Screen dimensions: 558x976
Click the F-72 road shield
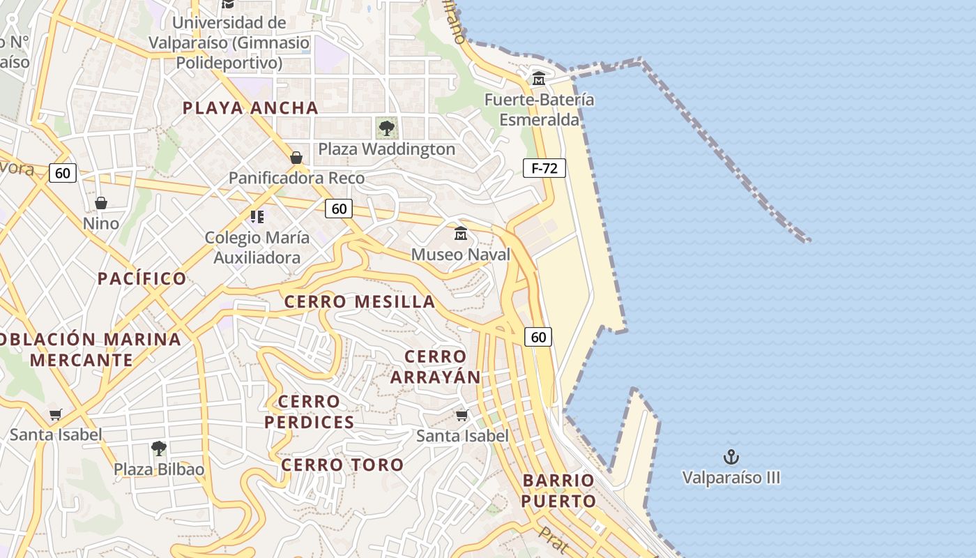(x=544, y=167)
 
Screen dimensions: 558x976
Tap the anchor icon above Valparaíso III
(x=731, y=458)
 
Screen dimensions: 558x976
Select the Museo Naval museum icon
(x=460, y=233)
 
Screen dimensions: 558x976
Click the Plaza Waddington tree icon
(x=386, y=128)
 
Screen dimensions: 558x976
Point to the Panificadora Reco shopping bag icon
(x=296, y=158)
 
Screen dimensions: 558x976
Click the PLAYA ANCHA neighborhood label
(x=250, y=108)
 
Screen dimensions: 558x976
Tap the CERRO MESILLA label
(x=360, y=302)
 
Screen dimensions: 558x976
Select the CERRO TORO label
(x=342, y=465)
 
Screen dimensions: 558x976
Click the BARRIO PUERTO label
(x=558, y=490)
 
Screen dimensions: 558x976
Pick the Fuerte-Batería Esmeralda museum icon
(x=538, y=78)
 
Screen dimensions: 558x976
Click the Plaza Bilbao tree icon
(x=159, y=448)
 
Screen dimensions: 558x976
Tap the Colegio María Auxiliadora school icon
(x=257, y=217)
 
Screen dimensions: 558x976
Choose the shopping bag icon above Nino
(x=101, y=203)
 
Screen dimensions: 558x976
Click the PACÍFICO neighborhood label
(x=142, y=279)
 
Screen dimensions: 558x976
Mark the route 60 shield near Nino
(x=63, y=173)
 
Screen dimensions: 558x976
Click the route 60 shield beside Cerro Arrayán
(x=538, y=337)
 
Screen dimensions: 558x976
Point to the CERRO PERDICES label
(x=309, y=412)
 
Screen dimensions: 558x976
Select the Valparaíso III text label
(x=731, y=478)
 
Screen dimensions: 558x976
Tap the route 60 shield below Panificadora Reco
(x=339, y=208)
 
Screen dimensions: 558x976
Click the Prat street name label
(x=553, y=539)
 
